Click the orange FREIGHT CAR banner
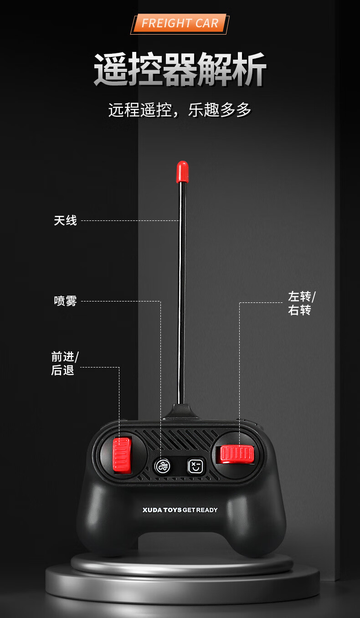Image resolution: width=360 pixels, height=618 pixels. point(180,24)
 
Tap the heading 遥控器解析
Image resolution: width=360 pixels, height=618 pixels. point(180,70)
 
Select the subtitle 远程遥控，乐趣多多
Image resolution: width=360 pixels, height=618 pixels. point(180,110)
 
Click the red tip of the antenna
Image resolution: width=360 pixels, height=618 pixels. point(182,171)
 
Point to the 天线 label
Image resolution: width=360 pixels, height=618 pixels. point(66,221)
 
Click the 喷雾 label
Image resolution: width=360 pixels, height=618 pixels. point(66,301)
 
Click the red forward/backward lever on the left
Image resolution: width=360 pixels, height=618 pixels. point(122,455)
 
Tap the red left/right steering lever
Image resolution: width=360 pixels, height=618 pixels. point(237,454)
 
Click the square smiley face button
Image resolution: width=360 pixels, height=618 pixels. point(196,466)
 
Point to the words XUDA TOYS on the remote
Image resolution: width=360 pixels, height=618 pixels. point(162,510)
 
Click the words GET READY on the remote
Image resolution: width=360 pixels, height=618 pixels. point(201,510)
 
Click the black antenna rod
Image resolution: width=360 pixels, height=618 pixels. point(182,296)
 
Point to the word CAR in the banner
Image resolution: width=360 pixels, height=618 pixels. point(207,24)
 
